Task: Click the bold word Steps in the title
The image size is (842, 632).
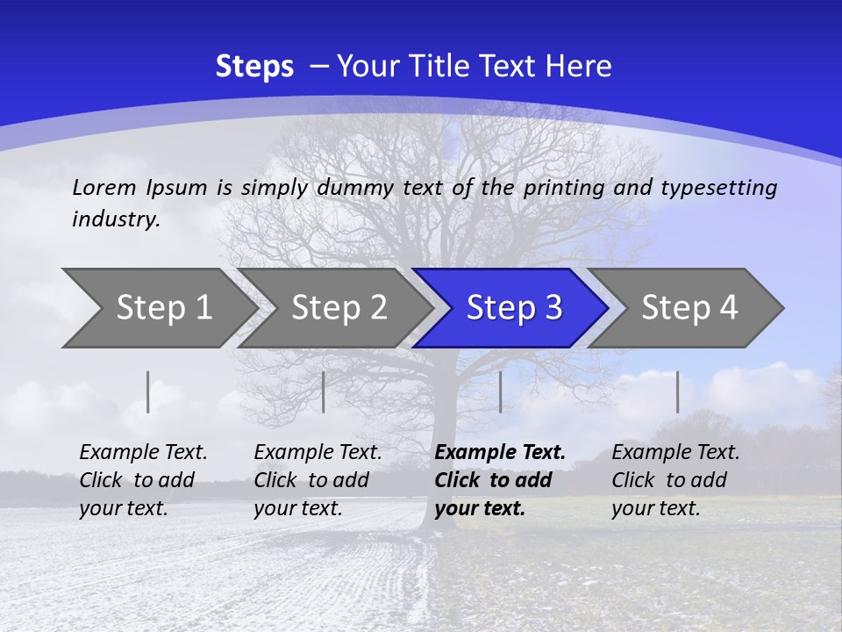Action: [x=254, y=67]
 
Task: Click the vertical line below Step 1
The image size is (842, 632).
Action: [x=148, y=391]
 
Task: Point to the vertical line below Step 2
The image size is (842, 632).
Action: [x=324, y=391]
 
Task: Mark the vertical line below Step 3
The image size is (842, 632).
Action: [x=500, y=391]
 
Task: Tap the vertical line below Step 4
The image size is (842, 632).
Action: [x=677, y=391]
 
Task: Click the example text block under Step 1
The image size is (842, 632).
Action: [x=143, y=480]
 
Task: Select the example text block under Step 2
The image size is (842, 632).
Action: [x=318, y=480]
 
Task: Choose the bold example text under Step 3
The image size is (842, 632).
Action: [x=500, y=480]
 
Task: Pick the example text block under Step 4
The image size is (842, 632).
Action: [x=675, y=480]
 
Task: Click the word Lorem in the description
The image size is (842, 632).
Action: [x=104, y=187]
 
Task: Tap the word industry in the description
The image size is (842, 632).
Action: [x=115, y=219]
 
